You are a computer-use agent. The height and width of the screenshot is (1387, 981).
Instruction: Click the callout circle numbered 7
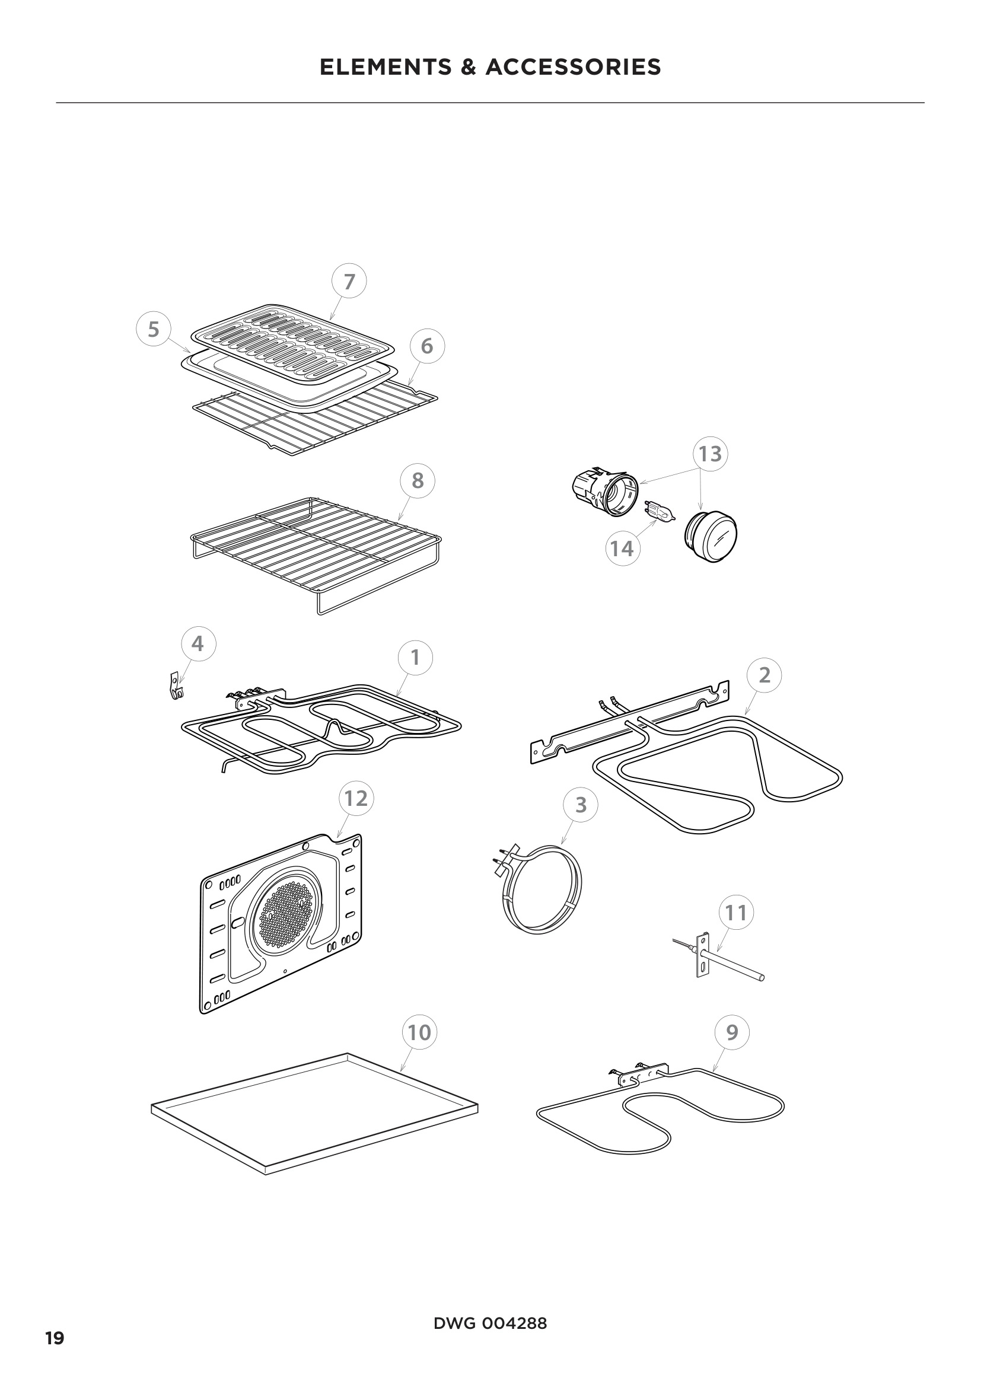click(349, 282)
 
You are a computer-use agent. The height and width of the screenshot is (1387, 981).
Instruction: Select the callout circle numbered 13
click(711, 453)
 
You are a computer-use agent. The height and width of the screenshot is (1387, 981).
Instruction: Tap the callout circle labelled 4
click(199, 644)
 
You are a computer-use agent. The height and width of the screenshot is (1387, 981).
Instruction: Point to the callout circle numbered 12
click(356, 798)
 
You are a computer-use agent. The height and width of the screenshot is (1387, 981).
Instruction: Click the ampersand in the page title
click(468, 67)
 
